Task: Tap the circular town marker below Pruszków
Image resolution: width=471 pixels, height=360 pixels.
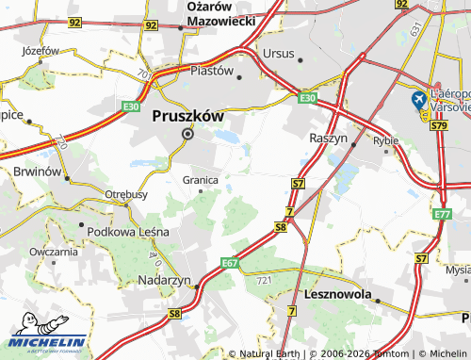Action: click(187, 134)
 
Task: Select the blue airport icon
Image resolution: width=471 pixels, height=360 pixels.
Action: click(418, 100)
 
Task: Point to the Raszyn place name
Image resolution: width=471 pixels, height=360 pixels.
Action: click(329, 138)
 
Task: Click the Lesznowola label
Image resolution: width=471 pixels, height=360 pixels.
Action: click(340, 294)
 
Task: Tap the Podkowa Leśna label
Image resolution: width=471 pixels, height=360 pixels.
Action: click(125, 230)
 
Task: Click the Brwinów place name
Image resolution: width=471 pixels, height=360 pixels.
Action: click(38, 173)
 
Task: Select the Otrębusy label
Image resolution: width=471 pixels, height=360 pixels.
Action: click(125, 194)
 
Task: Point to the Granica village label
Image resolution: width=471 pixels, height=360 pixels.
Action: click(200, 179)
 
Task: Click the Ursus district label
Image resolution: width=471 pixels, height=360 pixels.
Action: click(279, 53)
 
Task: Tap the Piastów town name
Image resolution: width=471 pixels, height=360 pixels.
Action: click(211, 70)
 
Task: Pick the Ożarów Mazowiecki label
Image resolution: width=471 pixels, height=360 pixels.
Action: click(221, 13)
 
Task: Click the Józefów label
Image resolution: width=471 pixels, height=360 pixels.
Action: click(40, 50)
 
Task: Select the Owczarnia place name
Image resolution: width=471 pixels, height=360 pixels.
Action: click(53, 252)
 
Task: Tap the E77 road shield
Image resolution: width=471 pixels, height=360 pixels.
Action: click(443, 216)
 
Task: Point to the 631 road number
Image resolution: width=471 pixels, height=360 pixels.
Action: click(415, 31)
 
